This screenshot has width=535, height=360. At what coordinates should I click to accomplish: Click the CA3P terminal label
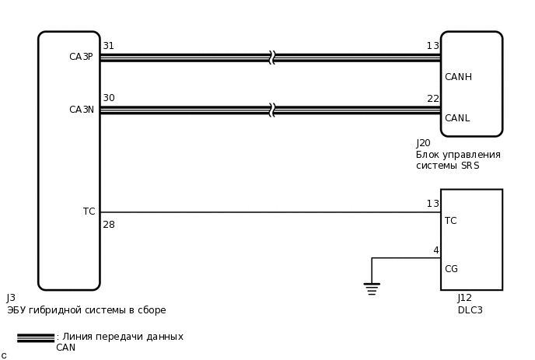[81, 57]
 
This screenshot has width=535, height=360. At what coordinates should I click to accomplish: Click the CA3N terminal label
[81, 110]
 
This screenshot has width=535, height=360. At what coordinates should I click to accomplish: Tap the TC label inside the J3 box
[89, 211]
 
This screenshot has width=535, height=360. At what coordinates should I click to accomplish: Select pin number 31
[108, 46]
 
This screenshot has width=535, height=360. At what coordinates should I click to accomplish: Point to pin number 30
[108, 98]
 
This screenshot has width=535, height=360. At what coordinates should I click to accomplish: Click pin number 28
[108, 225]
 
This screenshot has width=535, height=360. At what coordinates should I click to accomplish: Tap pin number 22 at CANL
[432, 99]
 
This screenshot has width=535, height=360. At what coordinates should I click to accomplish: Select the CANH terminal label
[458, 77]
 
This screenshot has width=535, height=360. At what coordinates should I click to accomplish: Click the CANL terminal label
[457, 118]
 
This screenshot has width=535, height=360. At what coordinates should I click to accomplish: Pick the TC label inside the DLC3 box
[450, 221]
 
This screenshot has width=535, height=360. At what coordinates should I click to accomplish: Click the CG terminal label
[451, 269]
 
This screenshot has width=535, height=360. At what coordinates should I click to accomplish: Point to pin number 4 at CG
[435, 250]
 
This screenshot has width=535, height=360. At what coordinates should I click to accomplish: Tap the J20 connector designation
[423, 143]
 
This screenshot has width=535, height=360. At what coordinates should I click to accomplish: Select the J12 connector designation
[464, 298]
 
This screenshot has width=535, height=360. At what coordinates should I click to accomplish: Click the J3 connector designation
[11, 298]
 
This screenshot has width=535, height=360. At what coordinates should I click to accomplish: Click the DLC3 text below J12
[470, 310]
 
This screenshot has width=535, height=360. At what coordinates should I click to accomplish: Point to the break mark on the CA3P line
[272, 58]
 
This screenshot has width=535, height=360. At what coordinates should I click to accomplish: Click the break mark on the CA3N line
[272, 110]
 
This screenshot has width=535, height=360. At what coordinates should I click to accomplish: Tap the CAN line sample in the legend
[36, 337]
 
